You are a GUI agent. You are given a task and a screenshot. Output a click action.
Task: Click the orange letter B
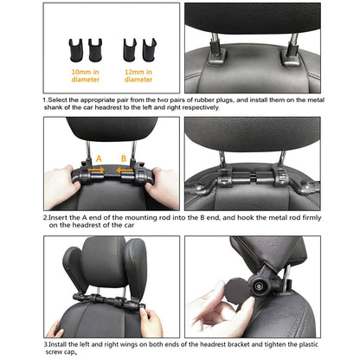click(123, 158)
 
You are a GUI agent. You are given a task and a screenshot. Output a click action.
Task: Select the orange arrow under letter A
click(99, 170)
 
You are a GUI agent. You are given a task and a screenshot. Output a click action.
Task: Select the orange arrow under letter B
click(124, 170)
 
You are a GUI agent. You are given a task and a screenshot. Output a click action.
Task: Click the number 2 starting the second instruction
click(45, 216)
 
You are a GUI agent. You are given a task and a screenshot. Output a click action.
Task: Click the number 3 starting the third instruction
click(45, 344)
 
